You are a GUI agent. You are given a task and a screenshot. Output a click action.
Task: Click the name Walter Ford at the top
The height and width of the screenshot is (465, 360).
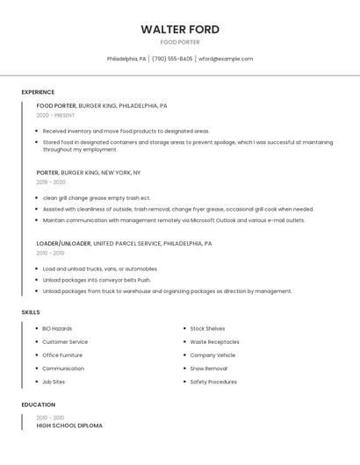coord(180,29)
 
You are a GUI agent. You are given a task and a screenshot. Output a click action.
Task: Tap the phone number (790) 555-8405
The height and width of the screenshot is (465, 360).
coord(172,59)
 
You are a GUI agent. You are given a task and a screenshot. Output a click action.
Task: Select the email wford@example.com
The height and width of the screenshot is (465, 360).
coord(226,59)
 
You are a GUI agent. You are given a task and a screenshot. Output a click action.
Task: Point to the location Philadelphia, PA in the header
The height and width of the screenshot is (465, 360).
coord(126,59)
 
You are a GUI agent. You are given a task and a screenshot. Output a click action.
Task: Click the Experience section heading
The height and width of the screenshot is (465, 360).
coord(38,92)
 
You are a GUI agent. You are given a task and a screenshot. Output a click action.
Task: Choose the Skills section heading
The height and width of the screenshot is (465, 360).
coord(31,312)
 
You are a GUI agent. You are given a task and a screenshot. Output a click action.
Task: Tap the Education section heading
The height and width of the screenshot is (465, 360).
coord(38,404)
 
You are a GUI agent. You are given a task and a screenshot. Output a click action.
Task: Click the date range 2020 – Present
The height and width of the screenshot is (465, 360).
coord(55,115)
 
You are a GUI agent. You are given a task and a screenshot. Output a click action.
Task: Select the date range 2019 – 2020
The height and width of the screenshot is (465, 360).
coord(51,182)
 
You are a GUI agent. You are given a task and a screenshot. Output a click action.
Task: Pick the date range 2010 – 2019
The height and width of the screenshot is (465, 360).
coord(50,253)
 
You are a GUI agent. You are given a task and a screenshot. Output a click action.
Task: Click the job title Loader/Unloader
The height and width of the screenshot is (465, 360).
coord(63,243)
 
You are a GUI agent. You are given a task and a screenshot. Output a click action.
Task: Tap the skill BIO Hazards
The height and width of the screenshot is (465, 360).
coord(57,328)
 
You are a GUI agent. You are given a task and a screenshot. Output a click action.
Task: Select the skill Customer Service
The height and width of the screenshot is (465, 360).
coord(65,341)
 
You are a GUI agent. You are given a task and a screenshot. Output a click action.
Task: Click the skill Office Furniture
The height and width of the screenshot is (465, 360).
coord(62,355)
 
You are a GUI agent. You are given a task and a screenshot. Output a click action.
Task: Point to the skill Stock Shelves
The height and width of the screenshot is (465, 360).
coord(207,328)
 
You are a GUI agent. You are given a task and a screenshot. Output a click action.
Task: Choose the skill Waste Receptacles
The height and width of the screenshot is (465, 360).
coord(214,341)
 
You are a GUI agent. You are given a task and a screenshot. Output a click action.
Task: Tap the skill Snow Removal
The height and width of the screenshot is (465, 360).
coord(208,368)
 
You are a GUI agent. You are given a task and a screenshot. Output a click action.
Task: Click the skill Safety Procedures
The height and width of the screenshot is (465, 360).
coord(213,382)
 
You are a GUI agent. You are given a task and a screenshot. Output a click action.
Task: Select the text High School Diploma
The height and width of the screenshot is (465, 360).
coord(69,426)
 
